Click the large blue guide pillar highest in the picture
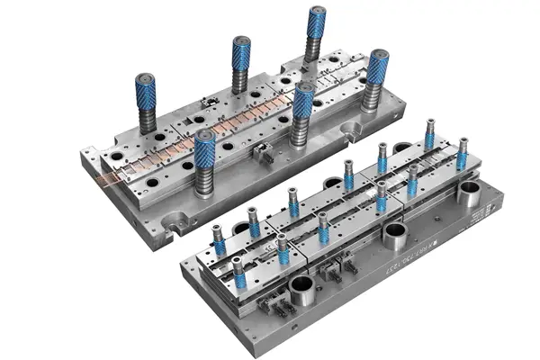click(x=315, y=27)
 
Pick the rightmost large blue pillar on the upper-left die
click(x=378, y=72)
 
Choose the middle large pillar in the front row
click(x=302, y=104)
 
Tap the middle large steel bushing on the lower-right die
click(x=393, y=236)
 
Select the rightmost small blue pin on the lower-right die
click(x=463, y=153)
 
